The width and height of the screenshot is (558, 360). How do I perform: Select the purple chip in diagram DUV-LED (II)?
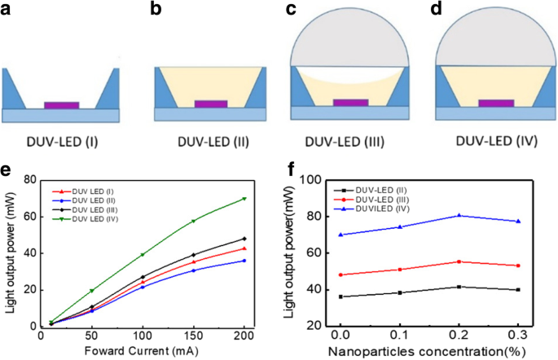pos(212,104)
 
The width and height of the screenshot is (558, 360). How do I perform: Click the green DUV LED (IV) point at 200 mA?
pos(244,199)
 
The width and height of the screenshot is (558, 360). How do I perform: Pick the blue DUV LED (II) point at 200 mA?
pos(244,261)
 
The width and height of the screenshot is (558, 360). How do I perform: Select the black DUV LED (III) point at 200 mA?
pos(244,239)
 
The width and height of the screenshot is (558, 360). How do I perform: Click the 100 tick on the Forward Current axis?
pos(143,335)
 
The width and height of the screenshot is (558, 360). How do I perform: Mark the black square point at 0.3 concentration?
pos(518,289)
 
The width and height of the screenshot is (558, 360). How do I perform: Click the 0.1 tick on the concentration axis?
pos(399,334)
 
